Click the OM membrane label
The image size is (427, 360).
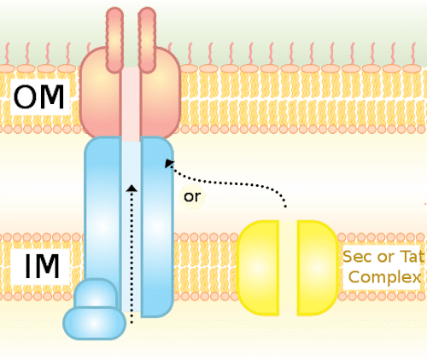point(39,97)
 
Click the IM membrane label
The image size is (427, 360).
point(42,266)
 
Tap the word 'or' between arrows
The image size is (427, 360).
point(192,197)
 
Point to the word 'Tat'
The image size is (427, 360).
point(412,257)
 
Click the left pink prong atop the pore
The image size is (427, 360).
point(114,40)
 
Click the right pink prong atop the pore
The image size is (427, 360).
point(147,40)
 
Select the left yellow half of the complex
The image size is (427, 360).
point(259,268)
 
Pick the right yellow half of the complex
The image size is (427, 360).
point(318,268)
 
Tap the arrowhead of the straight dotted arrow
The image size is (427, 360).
point(132,188)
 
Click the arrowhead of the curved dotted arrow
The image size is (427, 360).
point(169,164)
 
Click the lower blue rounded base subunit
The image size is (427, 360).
point(94,323)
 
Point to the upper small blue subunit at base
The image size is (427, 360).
point(96,293)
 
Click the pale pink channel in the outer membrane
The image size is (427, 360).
point(131,104)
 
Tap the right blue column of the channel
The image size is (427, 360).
point(157,227)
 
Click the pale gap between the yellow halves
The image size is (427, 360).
point(288,268)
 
